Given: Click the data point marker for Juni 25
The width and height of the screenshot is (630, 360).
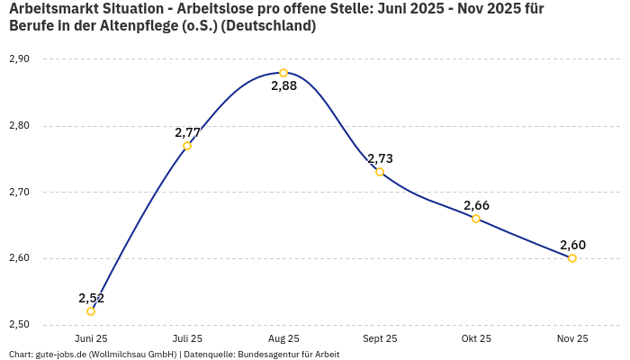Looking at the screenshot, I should (91, 311).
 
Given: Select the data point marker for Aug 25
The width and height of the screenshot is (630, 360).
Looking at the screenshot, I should (283, 73).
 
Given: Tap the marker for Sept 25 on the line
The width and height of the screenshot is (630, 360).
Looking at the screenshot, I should (380, 172).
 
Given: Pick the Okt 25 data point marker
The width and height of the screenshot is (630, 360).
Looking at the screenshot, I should (476, 219).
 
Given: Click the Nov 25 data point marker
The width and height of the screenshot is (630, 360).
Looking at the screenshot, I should (572, 258).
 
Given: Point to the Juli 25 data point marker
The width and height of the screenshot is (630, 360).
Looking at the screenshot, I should (187, 146).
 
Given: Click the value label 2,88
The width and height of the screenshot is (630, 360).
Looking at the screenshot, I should (283, 86).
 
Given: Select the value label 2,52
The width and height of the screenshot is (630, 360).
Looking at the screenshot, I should (91, 298).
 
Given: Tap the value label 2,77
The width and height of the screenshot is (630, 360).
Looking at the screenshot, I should (187, 132).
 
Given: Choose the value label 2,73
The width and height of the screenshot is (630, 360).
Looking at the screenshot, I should (380, 158).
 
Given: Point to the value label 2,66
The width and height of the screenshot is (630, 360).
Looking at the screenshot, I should (476, 205).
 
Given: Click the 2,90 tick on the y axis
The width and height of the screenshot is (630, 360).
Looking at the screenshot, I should (19, 59).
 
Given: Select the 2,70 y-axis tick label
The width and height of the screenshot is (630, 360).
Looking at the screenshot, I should (19, 193).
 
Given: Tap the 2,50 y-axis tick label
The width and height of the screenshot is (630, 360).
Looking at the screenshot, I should (19, 325).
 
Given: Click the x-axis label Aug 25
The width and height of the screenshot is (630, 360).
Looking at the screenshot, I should (283, 339).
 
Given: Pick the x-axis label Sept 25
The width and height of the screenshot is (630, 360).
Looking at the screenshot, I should (380, 339).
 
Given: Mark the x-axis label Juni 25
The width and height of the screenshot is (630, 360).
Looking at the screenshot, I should (91, 339).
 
